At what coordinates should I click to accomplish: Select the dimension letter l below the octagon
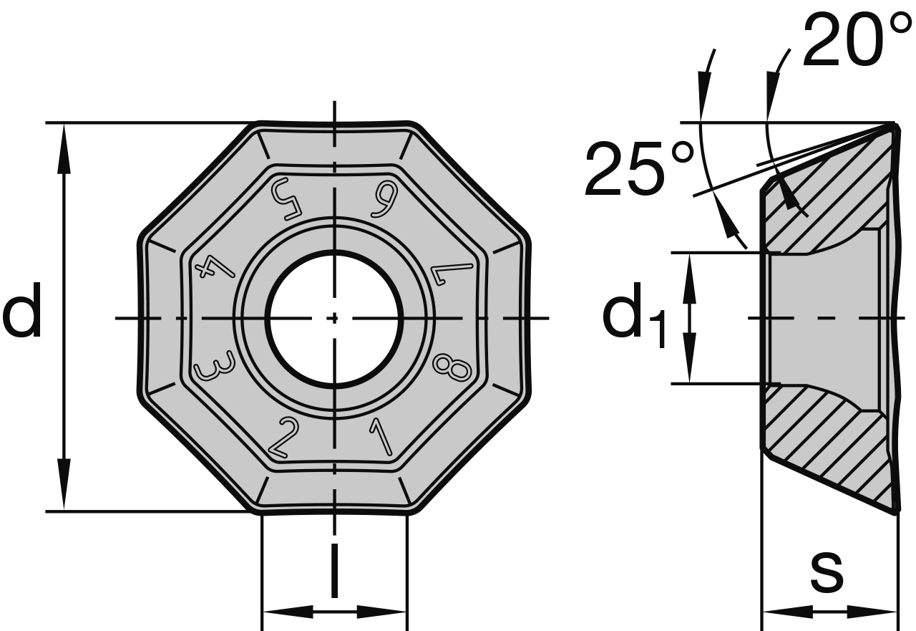pos(334,571)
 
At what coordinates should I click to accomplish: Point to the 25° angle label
pos(639,170)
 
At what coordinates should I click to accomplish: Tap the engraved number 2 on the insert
pos(283,438)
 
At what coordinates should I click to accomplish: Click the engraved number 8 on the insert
pos(452,367)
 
